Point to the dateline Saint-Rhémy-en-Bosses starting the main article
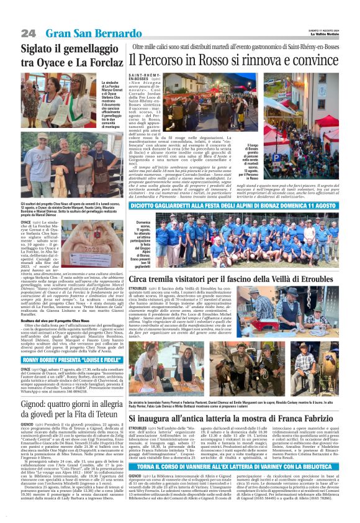click(141, 76)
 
